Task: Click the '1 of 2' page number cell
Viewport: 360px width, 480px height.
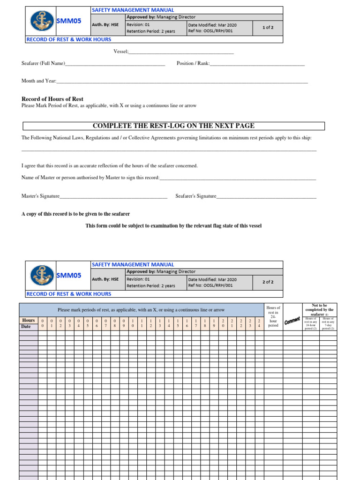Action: [x=268, y=28]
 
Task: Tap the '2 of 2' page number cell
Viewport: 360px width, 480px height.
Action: [x=268, y=282]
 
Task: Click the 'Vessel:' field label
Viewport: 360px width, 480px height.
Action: [x=121, y=52]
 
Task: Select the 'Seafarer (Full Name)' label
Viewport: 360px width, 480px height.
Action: [x=44, y=63]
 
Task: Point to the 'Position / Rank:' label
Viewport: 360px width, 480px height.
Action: [x=193, y=63]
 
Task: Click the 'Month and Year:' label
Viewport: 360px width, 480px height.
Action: [x=39, y=81]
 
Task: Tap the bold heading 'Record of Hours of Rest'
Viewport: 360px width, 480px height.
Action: [x=52, y=99]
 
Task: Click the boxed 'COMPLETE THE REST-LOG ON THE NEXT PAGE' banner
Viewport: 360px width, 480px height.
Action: [x=173, y=126]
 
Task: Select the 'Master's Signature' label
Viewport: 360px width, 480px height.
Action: [x=41, y=196]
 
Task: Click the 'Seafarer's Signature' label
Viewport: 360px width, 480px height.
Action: [x=196, y=196]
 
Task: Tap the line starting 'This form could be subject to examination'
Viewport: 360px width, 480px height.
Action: [x=173, y=225]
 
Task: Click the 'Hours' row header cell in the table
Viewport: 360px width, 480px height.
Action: [x=29, y=320]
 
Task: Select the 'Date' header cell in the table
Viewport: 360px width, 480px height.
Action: [x=26, y=326]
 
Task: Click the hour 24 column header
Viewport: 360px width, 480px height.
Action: [x=259, y=323]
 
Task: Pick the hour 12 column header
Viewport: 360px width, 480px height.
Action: [x=150, y=323]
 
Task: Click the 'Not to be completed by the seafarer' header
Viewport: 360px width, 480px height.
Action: [x=319, y=310]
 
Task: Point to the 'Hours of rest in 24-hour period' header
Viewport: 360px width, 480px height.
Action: [x=273, y=316]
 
